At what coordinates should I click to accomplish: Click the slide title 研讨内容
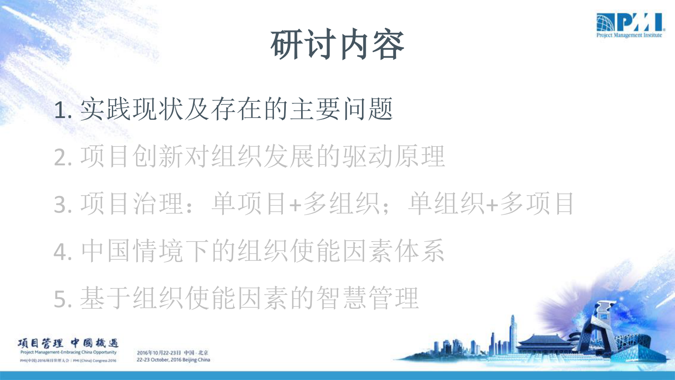pos(337,45)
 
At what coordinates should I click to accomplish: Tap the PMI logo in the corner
pos(629,26)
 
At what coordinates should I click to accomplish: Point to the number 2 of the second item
pos(60,158)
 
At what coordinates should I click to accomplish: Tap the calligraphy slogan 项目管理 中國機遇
pos(68,343)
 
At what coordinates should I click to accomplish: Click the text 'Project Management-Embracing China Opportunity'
pos(68,352)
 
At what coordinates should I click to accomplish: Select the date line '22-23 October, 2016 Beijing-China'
pos(173,360)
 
